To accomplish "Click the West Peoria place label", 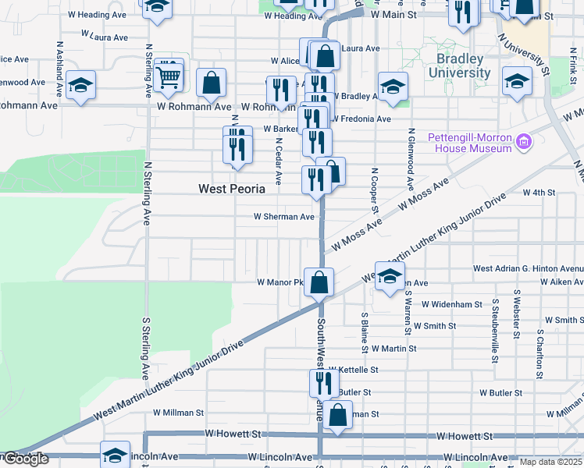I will pos(231,189).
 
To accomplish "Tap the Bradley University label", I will pos(453,67).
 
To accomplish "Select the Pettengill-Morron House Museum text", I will pos(469,144).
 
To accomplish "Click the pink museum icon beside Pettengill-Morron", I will pos(523,143).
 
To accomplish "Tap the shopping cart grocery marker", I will pos(169,76).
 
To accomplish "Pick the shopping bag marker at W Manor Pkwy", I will pos(319,282).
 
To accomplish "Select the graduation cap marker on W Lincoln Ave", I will pos(115,455).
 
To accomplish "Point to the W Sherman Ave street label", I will pos(284,217).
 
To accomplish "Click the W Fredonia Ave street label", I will pos(361,119).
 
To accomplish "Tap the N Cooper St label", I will pos(375,190).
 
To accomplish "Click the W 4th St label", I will pos(539,192).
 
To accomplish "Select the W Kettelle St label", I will pos(353,370).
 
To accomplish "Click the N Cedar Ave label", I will pos(278,161).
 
